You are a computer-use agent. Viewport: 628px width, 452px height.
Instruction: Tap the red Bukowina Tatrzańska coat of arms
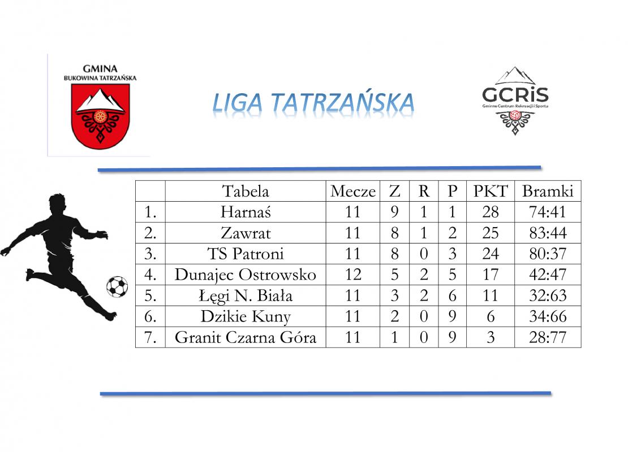click(x=100, y=116)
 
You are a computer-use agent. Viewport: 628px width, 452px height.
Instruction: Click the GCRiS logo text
click(x=515, y=95)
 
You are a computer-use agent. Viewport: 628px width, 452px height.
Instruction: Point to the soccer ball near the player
click(x=117, y=287)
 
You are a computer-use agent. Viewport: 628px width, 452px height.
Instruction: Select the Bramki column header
click(x=548, y=191)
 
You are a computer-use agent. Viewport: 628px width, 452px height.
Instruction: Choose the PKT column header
click(x=490, y=191)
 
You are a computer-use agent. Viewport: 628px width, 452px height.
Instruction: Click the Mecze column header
click(x=353, y=192)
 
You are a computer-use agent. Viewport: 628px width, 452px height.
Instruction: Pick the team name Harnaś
click(x=246, y=212)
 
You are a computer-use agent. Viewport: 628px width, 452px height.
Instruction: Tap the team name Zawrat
click(x=246, y=233)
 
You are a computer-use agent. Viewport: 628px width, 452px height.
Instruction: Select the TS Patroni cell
click(x=246, y=254)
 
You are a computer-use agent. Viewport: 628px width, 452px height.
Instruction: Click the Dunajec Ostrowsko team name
click(x=246, y=275)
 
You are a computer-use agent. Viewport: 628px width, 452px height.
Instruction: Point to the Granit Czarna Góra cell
click(x=246, y=337)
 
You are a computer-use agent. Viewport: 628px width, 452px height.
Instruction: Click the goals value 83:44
click(x=548, y=233)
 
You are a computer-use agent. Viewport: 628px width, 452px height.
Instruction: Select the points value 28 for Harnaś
click(x=490, y=212)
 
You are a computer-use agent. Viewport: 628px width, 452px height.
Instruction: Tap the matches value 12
click(x=353, y=275)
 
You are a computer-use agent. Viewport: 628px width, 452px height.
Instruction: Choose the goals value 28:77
click(x=548, y=337)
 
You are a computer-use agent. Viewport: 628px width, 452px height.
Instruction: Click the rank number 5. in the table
click(x=150, y=295)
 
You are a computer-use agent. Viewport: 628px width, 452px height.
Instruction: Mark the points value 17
click(x=490, y=275)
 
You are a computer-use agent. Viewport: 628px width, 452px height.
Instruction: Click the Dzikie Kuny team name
click(x=246, y=316)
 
